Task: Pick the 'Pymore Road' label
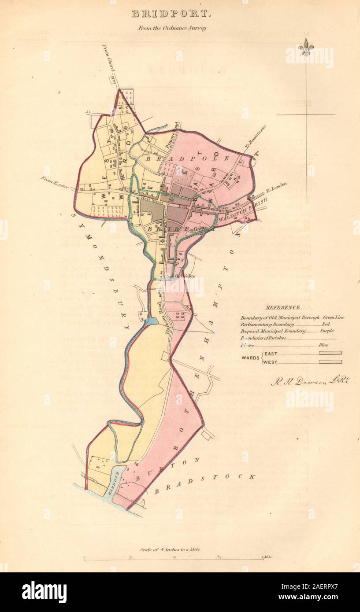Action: point(174,130)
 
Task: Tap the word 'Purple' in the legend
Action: point(327,331)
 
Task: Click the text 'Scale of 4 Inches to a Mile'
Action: point(170,549)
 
